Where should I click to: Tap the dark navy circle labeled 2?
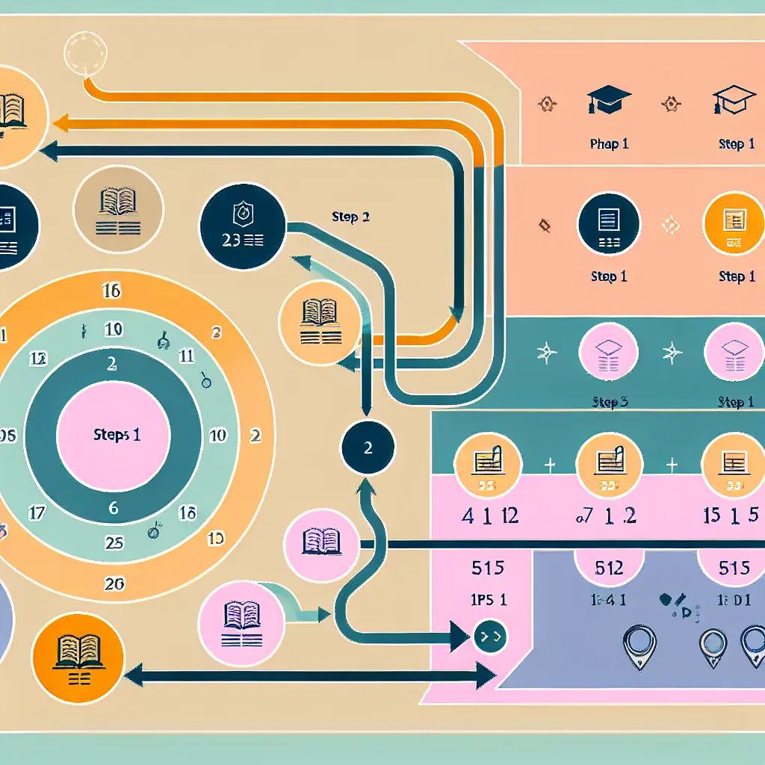point(368,449)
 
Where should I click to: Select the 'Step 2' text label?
point(350,217)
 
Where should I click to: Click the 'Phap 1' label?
point(609,144)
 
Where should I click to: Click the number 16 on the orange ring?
point(111,291)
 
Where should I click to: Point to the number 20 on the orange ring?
point(114,584)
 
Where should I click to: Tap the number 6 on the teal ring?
point(114,508)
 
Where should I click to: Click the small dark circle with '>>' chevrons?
point(491,637)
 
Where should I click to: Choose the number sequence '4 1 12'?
point(490,515)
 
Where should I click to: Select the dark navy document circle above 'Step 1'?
point(608,223)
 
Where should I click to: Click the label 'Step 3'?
point(609,403)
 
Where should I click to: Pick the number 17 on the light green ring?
point(37,513)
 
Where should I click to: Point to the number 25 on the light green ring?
point(114,543)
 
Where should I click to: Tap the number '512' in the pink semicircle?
point(608,568)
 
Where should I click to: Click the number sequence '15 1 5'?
point(732,515)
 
